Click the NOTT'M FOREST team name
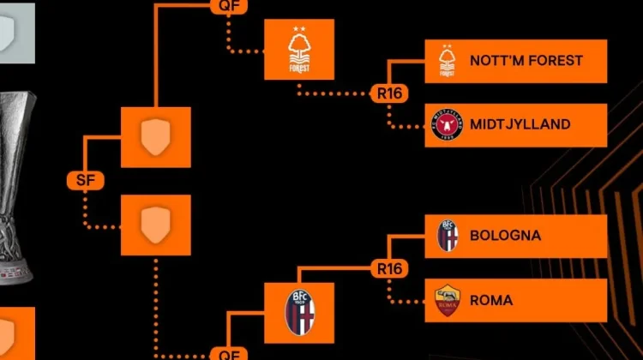coord(526,61)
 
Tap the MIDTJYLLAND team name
coord(520,124)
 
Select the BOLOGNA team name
coord(505,236)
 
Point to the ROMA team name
coord(491,300)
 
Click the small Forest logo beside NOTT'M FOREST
coord(447,61)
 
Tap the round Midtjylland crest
coord(447,124)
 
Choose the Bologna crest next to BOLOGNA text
coord(447,236)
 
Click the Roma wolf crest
coord(447,300)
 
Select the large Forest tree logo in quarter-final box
coord(299,50)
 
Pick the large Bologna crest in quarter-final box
coord(299,313)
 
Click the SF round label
coord(85,180)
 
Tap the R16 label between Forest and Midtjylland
coord(389,93)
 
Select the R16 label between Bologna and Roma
coord(389,269)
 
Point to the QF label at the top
coord(229,6)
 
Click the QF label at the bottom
coord(229,353)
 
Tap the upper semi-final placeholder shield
coord(155,137)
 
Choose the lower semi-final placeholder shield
coord(155,225)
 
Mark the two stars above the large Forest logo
coord(299,28)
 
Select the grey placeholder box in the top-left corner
coord(17,33)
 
